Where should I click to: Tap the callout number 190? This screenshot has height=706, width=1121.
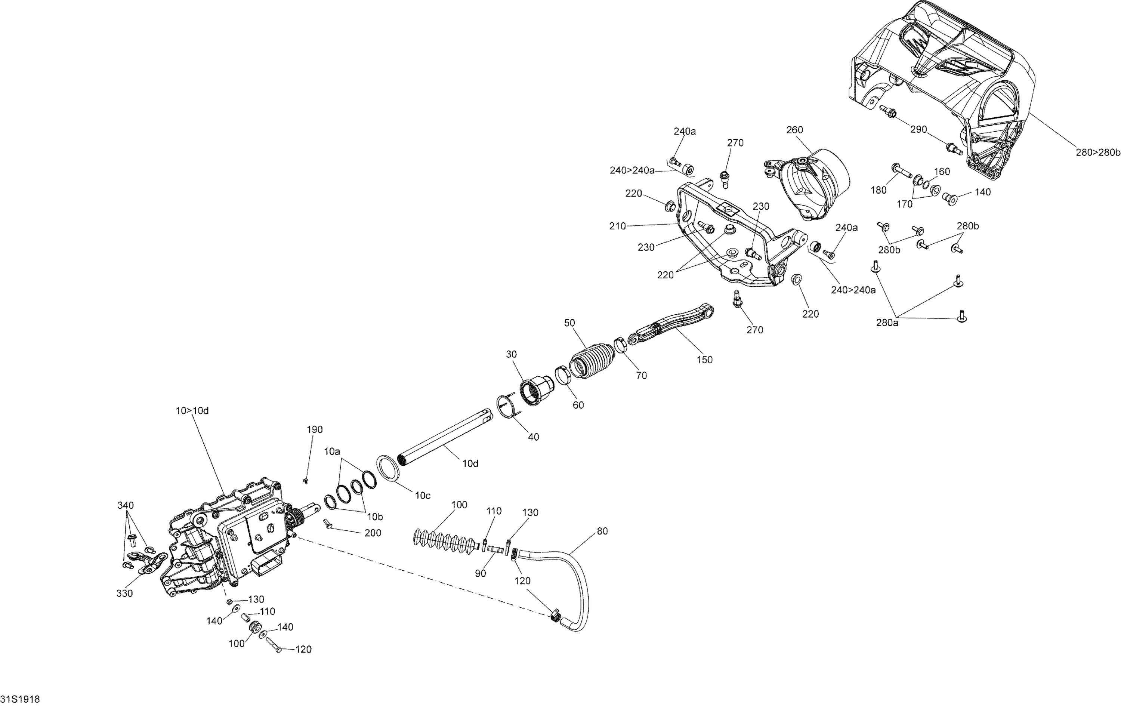315,429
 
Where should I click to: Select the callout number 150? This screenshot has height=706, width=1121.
704,360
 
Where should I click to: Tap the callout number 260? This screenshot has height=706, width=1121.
794,130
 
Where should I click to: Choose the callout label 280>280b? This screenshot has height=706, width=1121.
1097,152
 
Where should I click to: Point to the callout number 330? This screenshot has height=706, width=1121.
125,593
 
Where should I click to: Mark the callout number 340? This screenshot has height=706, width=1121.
125,505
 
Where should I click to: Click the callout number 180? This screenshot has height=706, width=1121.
878,190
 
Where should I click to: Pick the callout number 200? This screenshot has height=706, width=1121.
373,533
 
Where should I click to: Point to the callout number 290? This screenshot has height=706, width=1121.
918,129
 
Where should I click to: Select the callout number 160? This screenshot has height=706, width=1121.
942,172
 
